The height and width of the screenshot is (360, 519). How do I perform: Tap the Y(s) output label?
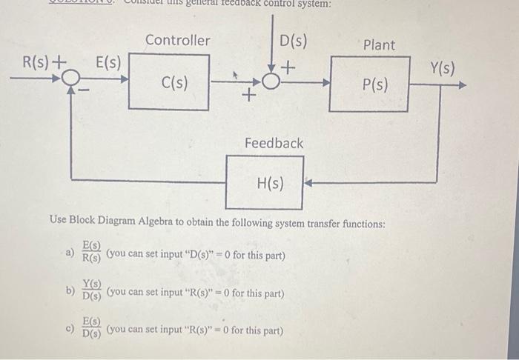(x=442, y=69)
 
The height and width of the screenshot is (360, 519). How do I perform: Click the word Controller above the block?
(x=177, y=40)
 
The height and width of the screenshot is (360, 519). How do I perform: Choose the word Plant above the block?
(x=379, y=44)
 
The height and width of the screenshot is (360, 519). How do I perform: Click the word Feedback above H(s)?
(x=274, y=142)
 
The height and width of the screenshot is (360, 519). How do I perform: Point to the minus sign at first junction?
(x=85, y=91)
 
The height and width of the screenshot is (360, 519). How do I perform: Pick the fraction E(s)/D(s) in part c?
(x=91, y=328)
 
